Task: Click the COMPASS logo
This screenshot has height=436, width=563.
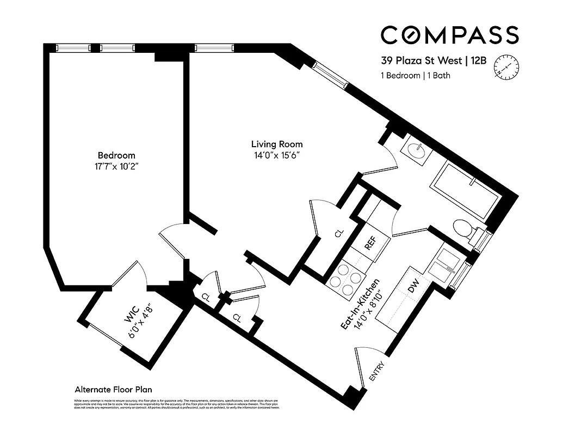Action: pos(449,35)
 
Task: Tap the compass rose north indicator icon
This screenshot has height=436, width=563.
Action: pos(504,68)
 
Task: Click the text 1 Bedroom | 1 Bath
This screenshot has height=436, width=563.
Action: pos(415,76)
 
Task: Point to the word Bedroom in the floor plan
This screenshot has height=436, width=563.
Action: pos(116,155)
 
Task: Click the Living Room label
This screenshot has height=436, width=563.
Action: pos(276,144)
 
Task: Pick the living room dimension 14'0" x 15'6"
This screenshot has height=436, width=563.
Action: pos(276,155)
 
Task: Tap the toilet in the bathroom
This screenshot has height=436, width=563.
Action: pos(462,228)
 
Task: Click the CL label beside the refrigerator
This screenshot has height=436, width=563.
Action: pos(339,233)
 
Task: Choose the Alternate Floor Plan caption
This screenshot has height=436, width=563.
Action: pos(113,390)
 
